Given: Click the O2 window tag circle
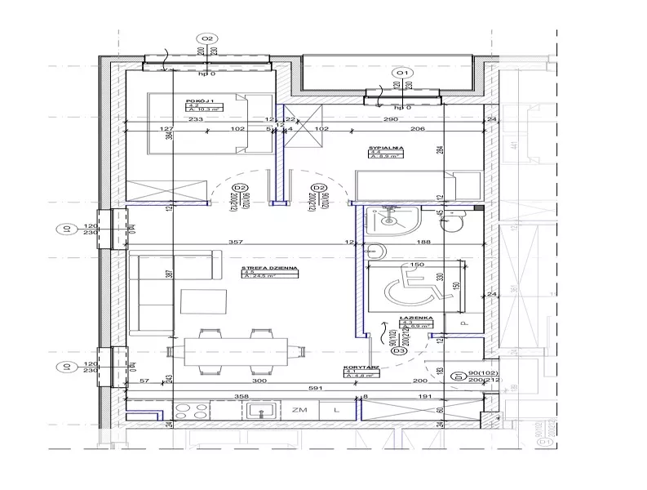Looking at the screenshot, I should pyautogui.click(x=206, y=39).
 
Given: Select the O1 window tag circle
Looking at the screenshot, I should pyautogui.click(x=401, y=73).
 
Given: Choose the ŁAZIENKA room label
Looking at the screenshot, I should pyautogui.click(x=410, y=318).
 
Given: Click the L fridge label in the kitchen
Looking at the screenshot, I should pyautogui.click(x=335, y=412).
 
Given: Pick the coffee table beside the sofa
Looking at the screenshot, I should pyautogui.click(x=199, y=301).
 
